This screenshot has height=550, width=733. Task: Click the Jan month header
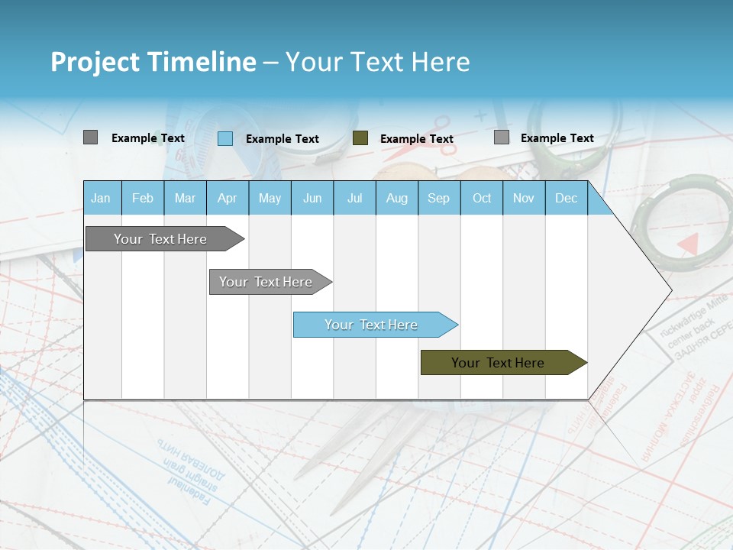coord(101,199)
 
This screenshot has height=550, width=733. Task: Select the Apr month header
coord(228,199)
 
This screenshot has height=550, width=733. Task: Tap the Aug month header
coord(397,199)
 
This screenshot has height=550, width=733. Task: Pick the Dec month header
coord(566,199)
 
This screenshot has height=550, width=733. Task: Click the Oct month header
coord(482,199)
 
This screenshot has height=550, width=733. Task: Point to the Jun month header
coord(312,199)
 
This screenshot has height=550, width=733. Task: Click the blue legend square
coord(225,139)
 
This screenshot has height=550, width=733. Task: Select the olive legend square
coord(360,138)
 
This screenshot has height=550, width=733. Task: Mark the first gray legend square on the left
coord(91,137)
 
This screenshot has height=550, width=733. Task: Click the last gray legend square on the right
coord(502,137)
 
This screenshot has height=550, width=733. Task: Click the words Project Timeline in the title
coord(153,62)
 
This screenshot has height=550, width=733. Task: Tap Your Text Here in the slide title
coord(377,62)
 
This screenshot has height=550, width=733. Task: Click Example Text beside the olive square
coord(417,139)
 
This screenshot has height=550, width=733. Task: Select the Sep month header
coord(438,199)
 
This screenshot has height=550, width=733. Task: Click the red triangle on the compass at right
coord(689,244)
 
